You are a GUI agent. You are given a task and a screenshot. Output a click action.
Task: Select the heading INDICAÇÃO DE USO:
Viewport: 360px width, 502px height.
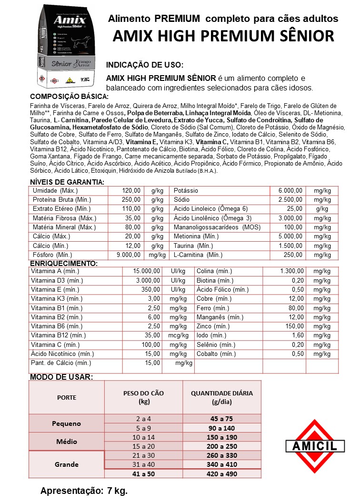pyautogui.click(x=144, y=65)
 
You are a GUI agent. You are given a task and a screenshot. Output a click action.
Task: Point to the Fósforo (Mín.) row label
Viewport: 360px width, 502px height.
pyautogui.click(x=52, y=255)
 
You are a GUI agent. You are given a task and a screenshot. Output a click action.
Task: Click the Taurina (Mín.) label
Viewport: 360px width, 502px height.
pyautogui.click(x=193, y=246)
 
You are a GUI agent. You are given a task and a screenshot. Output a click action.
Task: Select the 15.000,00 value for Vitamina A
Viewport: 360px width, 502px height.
pyautogui.click(x=146, y=271)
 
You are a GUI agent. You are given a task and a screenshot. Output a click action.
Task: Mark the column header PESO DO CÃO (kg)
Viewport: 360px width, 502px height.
pyautogui.click(x=143, y=397)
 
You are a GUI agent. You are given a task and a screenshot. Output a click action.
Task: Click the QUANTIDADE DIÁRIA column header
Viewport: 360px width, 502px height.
pyautogui.click(x=222, y=397)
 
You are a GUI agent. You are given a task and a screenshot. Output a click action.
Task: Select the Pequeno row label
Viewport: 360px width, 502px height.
pyautogui.click(x=66, y=423)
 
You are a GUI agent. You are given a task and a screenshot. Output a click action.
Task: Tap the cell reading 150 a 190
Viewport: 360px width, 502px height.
pyautogui.click(x=222, y=437)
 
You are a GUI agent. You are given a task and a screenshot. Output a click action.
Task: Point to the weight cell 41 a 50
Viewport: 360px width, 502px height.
pyautogui.click(x=143, y=473)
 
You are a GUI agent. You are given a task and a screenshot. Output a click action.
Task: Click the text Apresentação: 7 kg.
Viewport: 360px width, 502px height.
pyautogui.click(x=84, y=491)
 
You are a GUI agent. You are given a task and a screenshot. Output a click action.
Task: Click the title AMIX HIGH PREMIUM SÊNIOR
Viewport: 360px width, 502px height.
pyautogui.click(x=223, y=36)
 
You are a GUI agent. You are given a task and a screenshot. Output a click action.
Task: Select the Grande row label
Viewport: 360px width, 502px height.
pyautogui.click(x=66, y=464)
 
